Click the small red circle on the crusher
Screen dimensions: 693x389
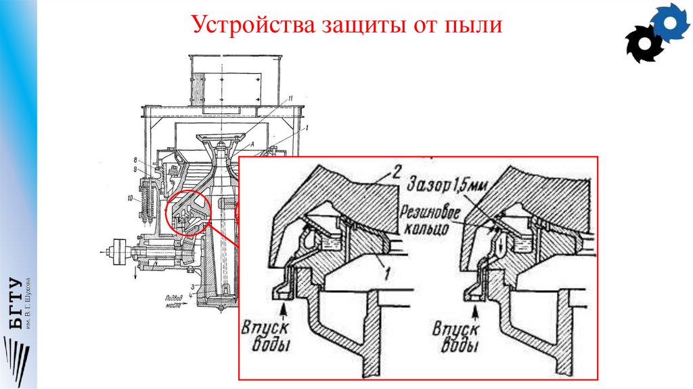click(x=187, y=212)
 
